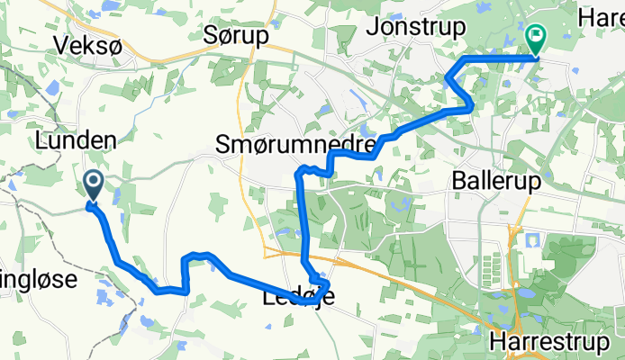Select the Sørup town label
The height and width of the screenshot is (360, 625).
click(x=236, y=36)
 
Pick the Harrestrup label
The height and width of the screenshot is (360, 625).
click(x=557, y=342)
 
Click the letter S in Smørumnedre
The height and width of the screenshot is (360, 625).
click(x=223, y=142)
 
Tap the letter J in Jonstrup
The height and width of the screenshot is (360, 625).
click(x=371, y=26)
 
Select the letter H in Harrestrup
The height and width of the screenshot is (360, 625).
click(x=499, y=342)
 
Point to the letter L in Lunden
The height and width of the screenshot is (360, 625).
click(x=41, y=139)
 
